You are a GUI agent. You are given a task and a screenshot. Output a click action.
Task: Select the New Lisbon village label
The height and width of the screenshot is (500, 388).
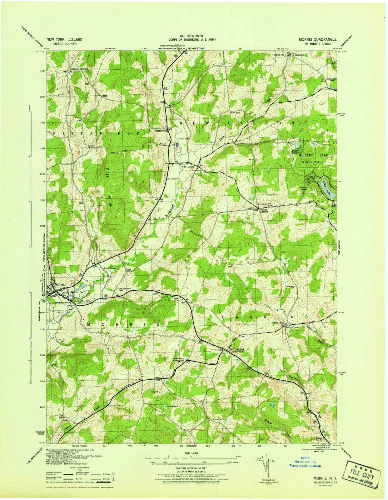tap(188, 167)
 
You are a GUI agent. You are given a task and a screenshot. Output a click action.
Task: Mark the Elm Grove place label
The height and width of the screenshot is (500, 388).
tap(110, 268)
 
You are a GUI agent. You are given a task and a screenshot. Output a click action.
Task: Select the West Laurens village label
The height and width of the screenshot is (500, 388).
tap(236, 349)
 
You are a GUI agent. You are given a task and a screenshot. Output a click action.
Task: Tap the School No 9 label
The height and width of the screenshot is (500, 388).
tap(219, 419)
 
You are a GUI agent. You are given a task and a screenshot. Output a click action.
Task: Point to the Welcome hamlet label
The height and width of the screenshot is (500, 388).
tap(299, 55)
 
